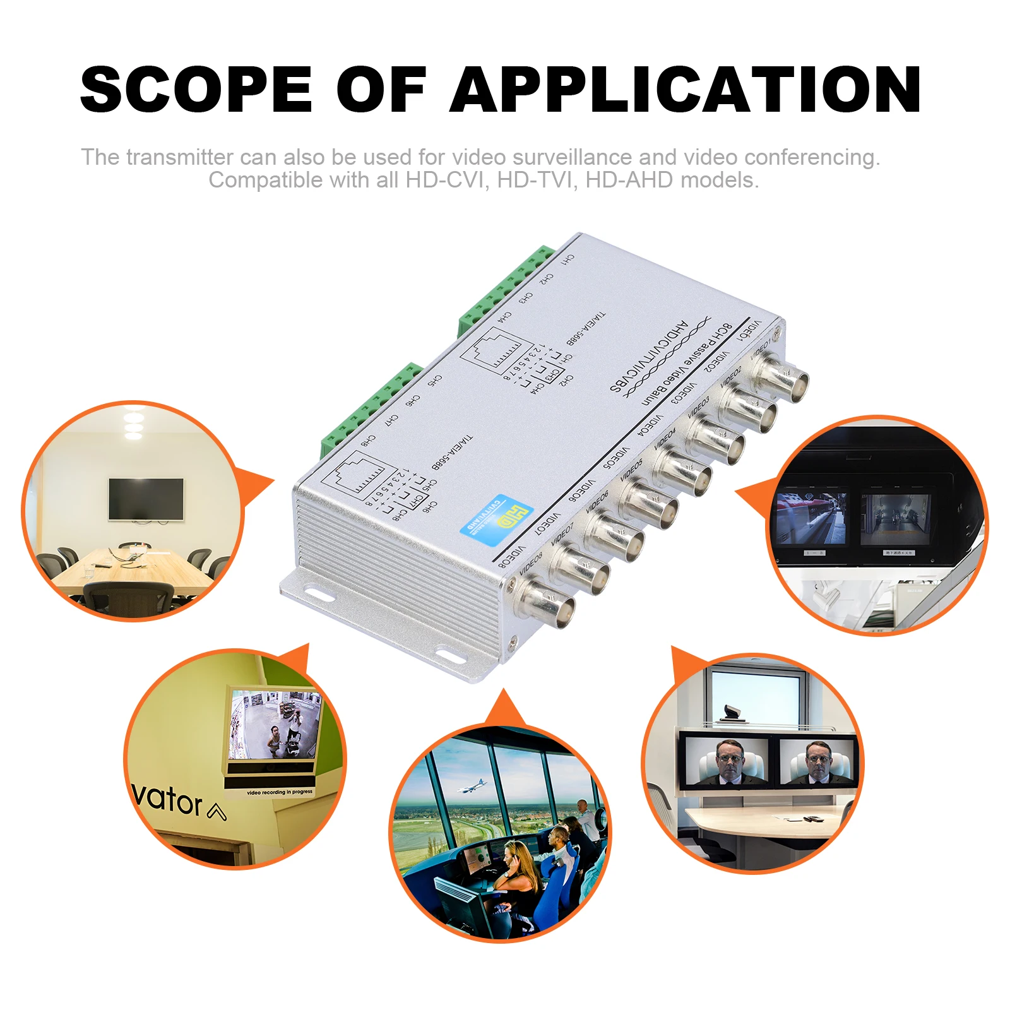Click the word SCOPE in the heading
coord(196,90)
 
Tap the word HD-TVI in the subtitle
coord(536,181)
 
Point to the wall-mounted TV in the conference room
coord(146,499)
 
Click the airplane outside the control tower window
coord(472,787)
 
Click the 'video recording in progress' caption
coord(279,792)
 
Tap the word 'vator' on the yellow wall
coord(167,800)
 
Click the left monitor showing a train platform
coord(812,518)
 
